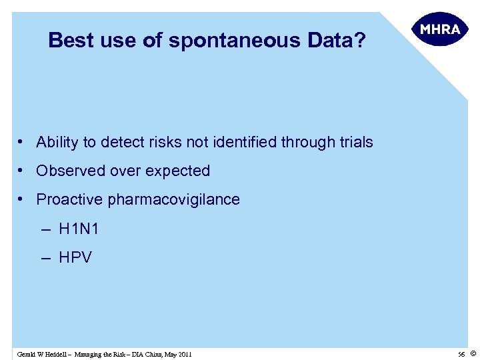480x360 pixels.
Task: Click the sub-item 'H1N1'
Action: click(79, 229)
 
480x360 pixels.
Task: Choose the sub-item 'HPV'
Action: click(75, 257)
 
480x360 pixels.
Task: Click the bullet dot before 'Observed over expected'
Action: click(22, 171)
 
